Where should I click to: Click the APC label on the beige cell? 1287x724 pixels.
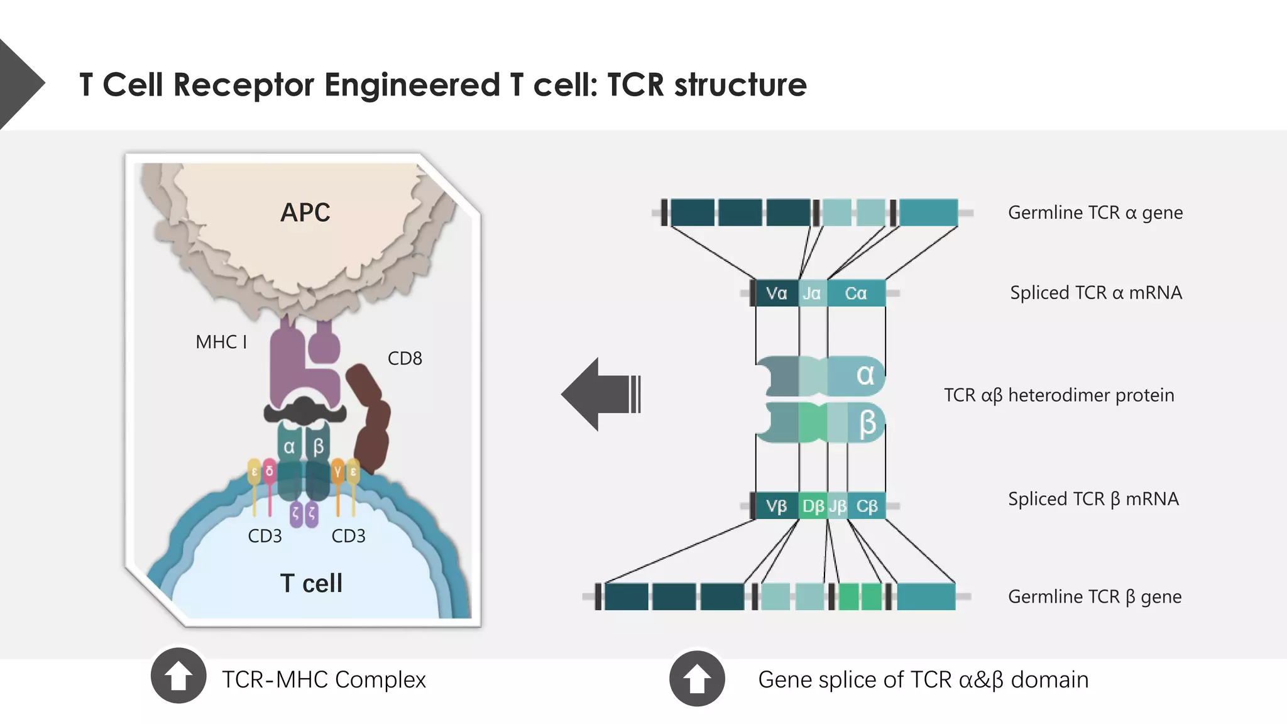point(305,212)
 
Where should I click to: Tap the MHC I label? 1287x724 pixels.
point(221,342)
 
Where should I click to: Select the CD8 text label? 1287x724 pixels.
point(405,358)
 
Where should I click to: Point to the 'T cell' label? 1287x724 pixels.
point(311,583)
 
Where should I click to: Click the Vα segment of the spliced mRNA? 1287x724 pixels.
point(777,293)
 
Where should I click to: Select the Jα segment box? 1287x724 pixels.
point(812,293)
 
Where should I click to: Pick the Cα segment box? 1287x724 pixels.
point(856,293)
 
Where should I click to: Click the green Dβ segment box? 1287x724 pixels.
point(813,507)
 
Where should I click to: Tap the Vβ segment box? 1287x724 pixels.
point(777,507)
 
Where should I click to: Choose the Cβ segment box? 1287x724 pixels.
point(867,507)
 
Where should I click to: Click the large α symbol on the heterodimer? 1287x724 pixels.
point(865,375)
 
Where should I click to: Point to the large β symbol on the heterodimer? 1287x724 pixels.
point(867,423)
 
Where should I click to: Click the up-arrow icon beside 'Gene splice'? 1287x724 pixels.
point(697,678)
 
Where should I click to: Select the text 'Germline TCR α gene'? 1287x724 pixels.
point(1095,213)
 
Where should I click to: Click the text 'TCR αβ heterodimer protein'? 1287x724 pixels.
point(1059,395)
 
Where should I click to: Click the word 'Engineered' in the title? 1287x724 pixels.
point(412,84)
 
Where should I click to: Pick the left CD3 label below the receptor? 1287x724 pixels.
point(265,536)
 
